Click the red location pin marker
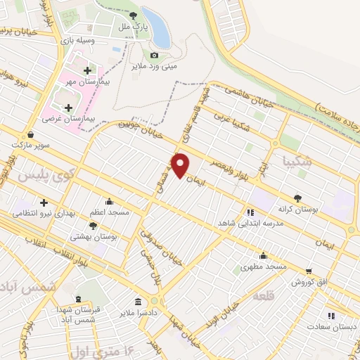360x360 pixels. (x=181, y=165)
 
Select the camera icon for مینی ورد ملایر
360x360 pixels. (x=155, y=55)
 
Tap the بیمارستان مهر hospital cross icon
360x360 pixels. (x=88, y=70)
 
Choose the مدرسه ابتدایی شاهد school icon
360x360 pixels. (x=249, y=212)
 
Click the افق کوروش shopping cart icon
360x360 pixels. (x=309, y=271)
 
